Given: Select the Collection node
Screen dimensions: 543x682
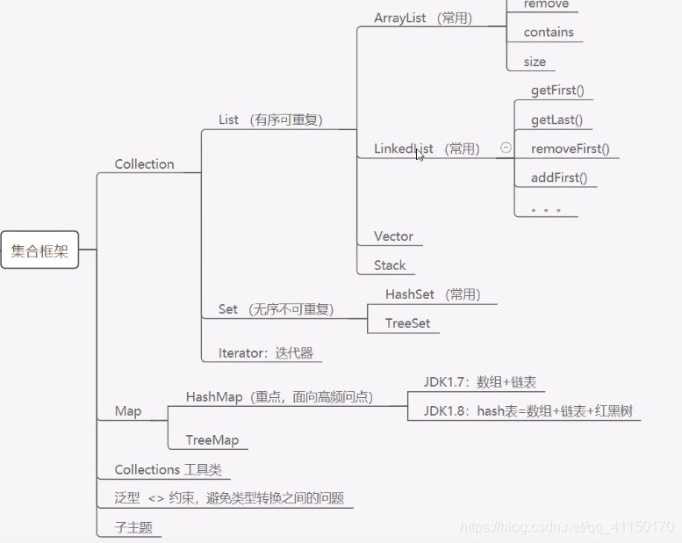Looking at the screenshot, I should click(144, 164).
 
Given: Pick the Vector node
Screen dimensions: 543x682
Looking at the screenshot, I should click(392, 236).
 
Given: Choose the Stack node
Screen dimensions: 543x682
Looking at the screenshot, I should click(390, 264).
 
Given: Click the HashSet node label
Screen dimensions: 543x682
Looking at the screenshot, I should click(410, 294).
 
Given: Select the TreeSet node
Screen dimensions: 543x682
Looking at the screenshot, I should click(407, 323).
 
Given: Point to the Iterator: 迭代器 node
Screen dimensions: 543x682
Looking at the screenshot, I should click(265, 353).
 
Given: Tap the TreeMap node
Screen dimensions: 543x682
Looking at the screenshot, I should click(212, 439).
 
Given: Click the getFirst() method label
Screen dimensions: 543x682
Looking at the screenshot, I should click(557, 90).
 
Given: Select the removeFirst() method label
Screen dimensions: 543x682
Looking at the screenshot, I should click(570, 148).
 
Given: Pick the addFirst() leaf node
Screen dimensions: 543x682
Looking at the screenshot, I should click(558, 177).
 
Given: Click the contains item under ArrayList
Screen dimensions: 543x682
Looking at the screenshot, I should click(549, 33).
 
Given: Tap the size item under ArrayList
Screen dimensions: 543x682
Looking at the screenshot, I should click(535, 62).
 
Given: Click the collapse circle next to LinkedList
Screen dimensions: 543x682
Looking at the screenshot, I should click(506, 148).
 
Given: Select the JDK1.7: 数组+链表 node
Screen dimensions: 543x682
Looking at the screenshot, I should click(479, 382).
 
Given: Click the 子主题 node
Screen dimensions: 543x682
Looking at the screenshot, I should click(133, 527).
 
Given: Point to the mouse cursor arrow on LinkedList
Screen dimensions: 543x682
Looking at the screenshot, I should click(420, 154).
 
